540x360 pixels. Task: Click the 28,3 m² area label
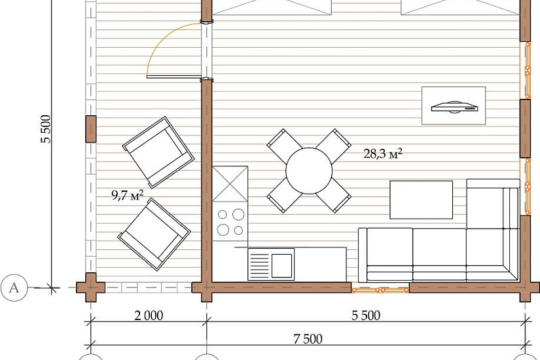[x=383, y=153]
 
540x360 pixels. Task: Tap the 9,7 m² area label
[x=127, y=195]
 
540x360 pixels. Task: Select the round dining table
[x=309, y=171]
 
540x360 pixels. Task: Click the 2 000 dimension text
[x=149, y=315]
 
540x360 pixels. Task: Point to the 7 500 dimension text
[x=308, y=339]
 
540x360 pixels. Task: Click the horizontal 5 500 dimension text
[x=366, y=315]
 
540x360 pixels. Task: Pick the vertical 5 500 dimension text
[x=46, y=129]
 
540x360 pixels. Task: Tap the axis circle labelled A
[x=14, y=287]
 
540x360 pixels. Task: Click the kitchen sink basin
[x=281, y=266]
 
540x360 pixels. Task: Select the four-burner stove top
[x=230, y=221]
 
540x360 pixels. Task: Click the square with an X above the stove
[x=230, y=184]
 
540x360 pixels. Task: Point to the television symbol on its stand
[x=454, y=107]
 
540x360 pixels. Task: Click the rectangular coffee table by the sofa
[x=421, y=200]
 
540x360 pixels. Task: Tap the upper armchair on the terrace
[x=158, y=153]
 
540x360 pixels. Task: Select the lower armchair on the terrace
[x=154, y=234]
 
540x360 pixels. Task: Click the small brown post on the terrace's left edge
[x=90, y=129]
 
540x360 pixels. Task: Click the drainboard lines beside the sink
[x=259, y=266]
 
